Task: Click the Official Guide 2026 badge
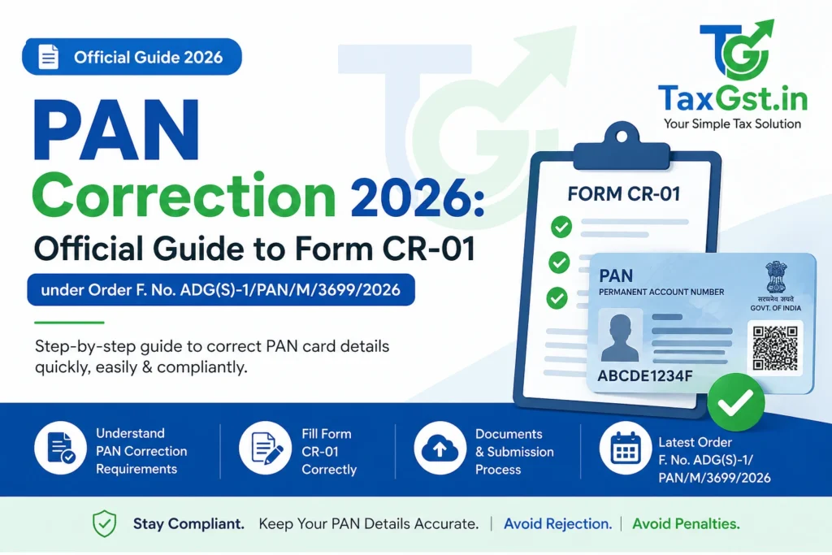[132, 57]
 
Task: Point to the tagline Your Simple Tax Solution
[732, 124]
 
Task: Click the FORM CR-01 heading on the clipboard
[624, 194]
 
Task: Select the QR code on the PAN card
[775, 347]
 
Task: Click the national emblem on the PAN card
[771, 279]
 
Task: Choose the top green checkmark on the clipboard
[561, 227]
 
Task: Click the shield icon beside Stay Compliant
[104, 524]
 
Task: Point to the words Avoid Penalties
[686, 524]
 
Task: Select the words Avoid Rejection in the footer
[557, 524]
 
